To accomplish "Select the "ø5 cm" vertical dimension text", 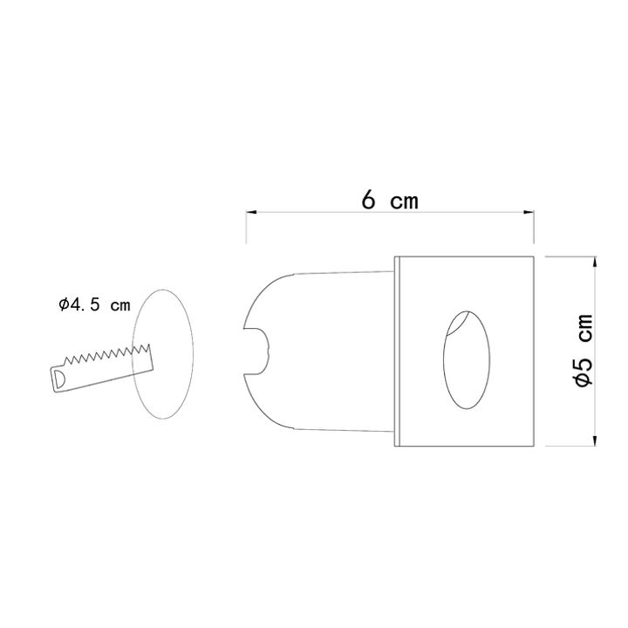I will pyautogui.click(x=583, y=351).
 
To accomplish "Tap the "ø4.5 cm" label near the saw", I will pyautogui.click(x=94, y=305).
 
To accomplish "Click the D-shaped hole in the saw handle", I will pyautogui.click(x=59, y=379).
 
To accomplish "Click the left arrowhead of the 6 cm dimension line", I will pyautogui.click(x=250, y=212).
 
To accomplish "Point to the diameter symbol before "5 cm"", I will pyautogui.click(x=583, y=379).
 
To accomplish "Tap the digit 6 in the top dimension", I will pyautogui.click(x=369, y=201).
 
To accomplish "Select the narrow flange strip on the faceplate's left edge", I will pyautogui.click(x=398, y=352).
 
